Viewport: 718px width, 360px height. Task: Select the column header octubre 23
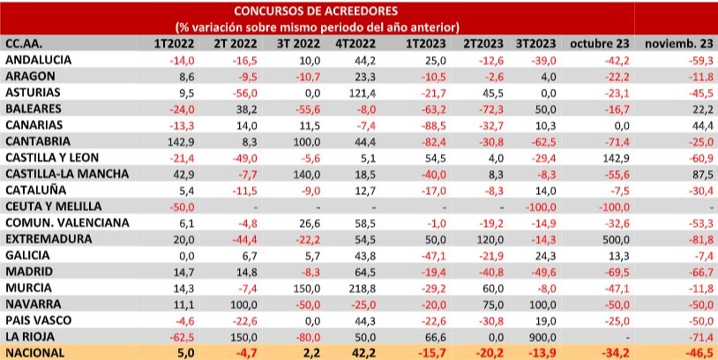[599, 42]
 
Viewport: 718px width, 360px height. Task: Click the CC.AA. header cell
[24, 42]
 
